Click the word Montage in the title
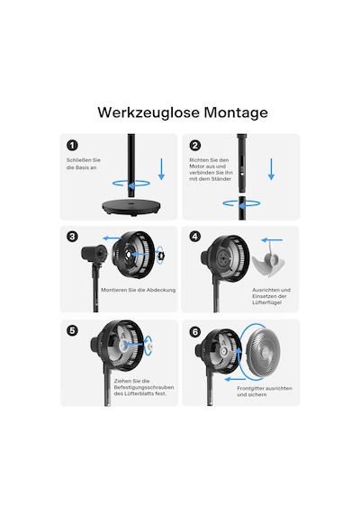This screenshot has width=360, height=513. tap(236, 113)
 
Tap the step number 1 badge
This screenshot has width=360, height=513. tap(72, 145)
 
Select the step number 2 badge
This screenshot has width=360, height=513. tap(195, 145)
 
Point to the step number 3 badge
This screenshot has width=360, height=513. tap(72, 236)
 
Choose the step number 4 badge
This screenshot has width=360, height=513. tap(195, 236)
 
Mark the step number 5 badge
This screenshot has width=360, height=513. tap(72, 331)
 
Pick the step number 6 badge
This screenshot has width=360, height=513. tap(195, 332)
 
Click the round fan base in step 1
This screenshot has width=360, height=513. tap(130, 208)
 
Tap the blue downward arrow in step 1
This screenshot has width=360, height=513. tap(161, 169)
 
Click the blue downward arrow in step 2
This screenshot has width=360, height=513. tap(271, 169)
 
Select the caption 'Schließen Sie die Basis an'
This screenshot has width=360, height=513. tap(84, 164)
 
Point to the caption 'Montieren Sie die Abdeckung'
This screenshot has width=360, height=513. tap(138, 290)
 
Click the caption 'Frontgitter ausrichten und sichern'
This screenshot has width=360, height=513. tap(265, 391)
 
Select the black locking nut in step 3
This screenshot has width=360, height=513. tap(161, 255)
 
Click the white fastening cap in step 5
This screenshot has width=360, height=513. tap(150, 346)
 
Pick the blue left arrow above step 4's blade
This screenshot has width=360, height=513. tap(272, 240)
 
